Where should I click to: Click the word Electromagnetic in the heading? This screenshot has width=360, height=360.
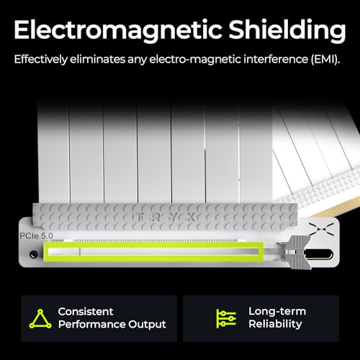(117, 30)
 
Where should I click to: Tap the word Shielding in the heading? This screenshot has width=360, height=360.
(287, 30)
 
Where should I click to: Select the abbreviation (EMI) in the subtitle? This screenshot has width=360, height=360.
(325, 59)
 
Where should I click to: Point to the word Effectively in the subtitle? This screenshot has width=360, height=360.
(41, 59)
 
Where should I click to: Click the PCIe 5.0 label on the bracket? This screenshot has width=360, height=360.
(36, 235)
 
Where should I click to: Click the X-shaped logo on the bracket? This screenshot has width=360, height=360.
(322, 229)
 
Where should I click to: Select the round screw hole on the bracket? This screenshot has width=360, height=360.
(34, 254)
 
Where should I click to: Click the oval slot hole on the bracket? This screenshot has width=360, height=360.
(319, 254)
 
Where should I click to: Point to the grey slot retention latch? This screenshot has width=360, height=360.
(297, 252)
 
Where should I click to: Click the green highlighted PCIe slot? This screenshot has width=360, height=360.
(153, 251)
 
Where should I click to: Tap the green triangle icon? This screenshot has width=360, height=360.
(40, 319)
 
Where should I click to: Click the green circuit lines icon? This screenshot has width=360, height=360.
(226, 319)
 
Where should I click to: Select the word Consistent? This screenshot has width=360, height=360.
(86, 312)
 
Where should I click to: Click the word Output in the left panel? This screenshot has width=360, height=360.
(147, 324)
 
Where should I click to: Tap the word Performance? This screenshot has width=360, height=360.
(92, 324)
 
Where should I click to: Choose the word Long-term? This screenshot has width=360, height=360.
(277, 311)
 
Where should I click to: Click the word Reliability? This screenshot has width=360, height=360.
(275, 324)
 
